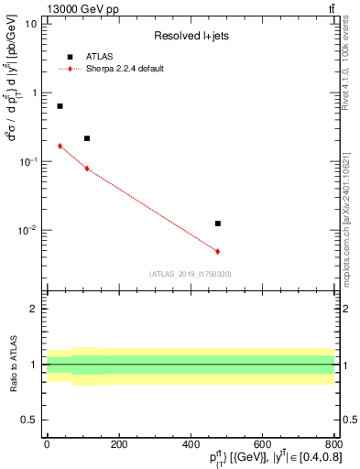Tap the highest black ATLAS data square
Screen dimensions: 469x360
60,106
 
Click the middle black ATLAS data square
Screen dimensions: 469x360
87,138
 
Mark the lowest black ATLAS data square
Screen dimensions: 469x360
217,224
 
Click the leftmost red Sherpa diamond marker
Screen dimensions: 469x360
60,146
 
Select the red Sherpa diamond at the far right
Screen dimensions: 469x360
217,251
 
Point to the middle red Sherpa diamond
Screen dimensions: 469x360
87,169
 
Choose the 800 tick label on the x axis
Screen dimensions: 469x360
333,444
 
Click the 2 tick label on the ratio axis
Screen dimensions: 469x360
33,309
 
